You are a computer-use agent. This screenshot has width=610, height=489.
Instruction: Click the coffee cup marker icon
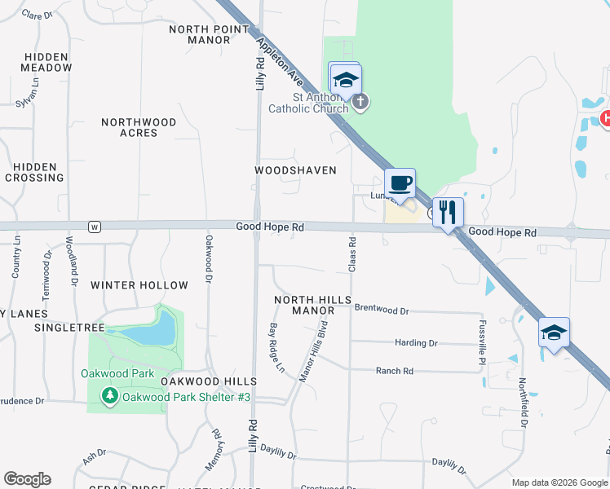point(400,183)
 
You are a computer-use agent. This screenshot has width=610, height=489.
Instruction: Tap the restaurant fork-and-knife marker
point(447,213)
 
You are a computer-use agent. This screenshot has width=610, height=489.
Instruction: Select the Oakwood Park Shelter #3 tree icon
point(110,396)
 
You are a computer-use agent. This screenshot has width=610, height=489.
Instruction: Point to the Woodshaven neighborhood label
point(295,170)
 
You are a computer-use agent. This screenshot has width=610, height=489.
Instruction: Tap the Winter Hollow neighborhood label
point(139,285)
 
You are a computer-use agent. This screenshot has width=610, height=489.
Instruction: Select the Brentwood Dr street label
point(382,311)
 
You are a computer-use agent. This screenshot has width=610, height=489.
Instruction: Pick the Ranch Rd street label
point(395,371)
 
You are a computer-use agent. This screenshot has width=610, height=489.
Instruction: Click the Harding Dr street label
point(416,343)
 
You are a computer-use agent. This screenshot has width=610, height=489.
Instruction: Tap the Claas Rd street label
point(353,254)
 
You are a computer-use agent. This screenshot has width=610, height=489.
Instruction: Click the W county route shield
point(95,227)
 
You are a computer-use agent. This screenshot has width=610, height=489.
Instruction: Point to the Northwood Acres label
point(139,127)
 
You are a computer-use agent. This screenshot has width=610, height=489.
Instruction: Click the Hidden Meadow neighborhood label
point(48,63)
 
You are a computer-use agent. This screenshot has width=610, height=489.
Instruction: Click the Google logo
point(27,479)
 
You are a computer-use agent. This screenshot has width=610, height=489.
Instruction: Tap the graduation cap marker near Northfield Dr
point(554,333)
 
